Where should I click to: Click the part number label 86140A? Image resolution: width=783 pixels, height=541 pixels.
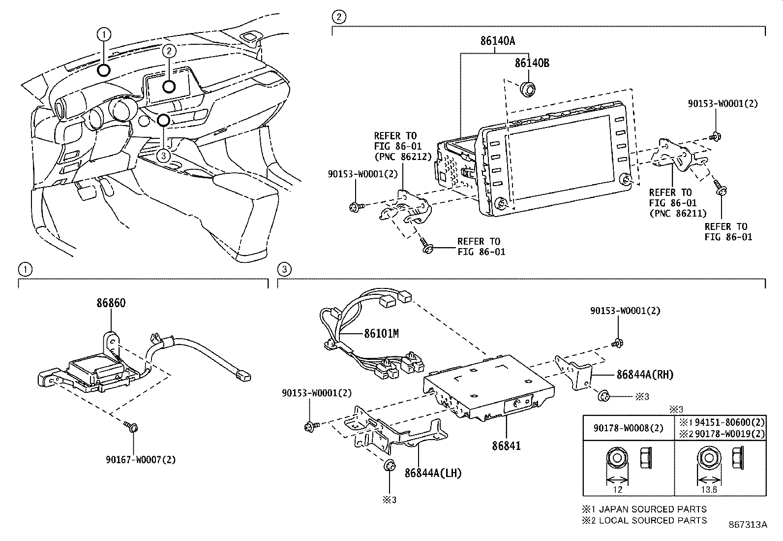(x=498, y=41)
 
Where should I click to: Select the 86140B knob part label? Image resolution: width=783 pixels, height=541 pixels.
(x=532, y=63)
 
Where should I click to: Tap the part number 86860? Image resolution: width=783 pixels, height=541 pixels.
(x=111, y=303)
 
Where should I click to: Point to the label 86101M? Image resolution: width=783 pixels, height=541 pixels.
(x=381, y=333)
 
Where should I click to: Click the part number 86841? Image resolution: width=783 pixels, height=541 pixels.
(x=506, y=446)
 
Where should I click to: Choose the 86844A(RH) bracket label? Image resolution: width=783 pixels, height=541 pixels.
(x=645, y=374)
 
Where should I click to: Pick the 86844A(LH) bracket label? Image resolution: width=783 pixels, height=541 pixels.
(x=433, y=473)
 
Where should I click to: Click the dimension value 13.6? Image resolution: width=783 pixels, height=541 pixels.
(x=709, y=490)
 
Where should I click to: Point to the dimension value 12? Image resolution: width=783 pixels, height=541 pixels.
(x=618, y=490)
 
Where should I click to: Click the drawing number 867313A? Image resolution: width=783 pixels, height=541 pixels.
(x=748, y=525)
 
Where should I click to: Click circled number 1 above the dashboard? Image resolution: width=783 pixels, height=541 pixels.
(x=104, y=34)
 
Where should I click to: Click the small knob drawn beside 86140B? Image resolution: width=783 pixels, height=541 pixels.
(x=528, y=89)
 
